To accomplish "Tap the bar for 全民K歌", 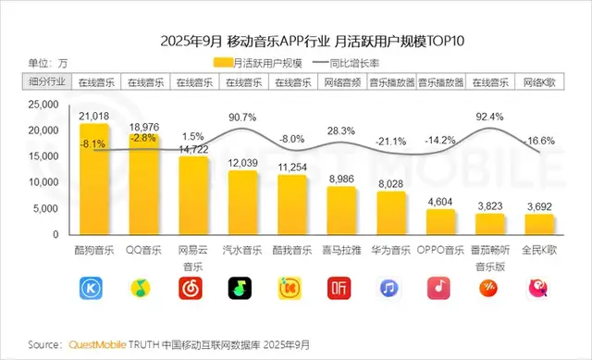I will click(x=538, y=226).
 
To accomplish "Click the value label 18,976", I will click(x=143, y=127).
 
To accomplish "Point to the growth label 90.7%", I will click(x=242, y=118).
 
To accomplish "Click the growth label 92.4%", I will click(x=488, y=118).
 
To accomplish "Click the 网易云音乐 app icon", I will click(x=193, y=290).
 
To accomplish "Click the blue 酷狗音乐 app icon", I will click(x=94, y=290).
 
